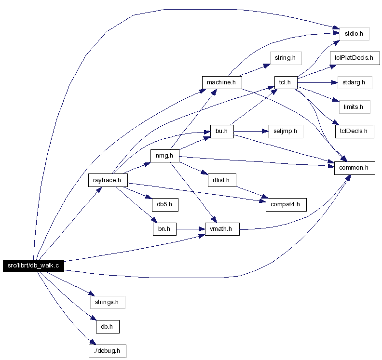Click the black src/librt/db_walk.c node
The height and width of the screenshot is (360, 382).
pyautogui.click(x=33, y=266)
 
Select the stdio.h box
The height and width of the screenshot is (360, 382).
pyautogui.click(x=354, y=34)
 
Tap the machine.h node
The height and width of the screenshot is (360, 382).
pyautogui.click(x=222, y=82)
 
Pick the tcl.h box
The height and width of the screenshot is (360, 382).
pyautogui.click(x=286, y=82)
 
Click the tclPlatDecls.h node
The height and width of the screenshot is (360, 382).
pyautogui.click(x=355, y=58)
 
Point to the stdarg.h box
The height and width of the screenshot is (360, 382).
pyautogui.click(x=355, y=82)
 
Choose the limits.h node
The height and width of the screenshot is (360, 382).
pyautogui.click(x=355, y=107)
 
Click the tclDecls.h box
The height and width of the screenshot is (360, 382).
pyautogui.click(x=355, y=132)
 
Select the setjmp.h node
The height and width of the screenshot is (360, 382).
pyautogui.click(x=286, y=132)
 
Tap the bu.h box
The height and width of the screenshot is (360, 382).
pyautogui.click(x=222, y=132)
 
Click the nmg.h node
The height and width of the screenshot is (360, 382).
pyautogui.click(x=164, y=156)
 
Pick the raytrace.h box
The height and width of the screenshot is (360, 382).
pyautogui.click(x=108, y=180)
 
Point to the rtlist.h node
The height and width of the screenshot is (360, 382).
pyautogui.click(x=222, y=180)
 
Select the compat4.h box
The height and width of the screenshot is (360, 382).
pyautogui.click(x=286, y=205)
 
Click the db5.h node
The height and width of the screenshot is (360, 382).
pyautogui.click(x=165, y=205)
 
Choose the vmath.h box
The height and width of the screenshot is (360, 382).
pyautogui.click(x=222, y=229)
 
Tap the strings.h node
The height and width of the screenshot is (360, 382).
pyautogui.click(x=108, y=302)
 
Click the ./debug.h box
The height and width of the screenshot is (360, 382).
pyautogui.click(x=108, y=351)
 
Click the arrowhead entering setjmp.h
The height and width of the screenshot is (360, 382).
pyautogui.click(x=265, y=132)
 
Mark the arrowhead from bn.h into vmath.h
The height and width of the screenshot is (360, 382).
pyautogui.click(x=202, y=229)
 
